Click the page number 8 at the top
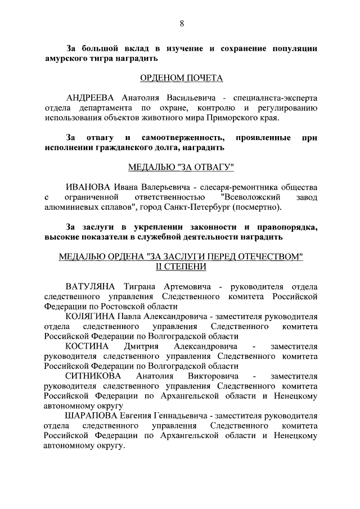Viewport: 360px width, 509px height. click(181, 23)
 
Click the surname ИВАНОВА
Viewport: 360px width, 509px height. click(88, 187)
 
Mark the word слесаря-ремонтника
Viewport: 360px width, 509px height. click(239, 187)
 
